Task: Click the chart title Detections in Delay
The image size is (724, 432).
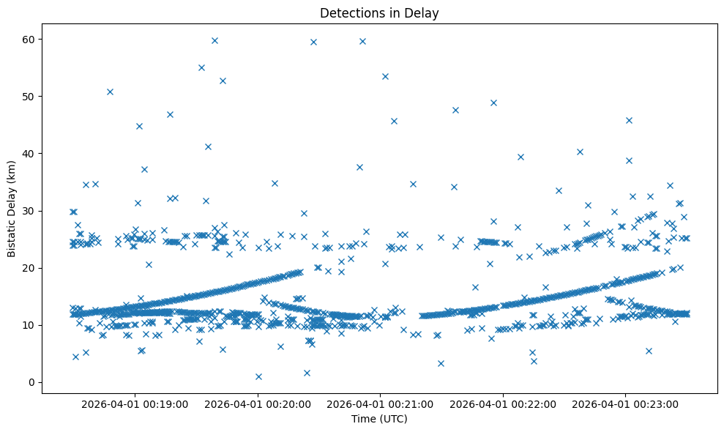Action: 379,12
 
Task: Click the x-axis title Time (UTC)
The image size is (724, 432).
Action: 379,420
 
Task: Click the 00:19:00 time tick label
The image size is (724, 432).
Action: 135,403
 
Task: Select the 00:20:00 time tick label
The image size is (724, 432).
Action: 258,403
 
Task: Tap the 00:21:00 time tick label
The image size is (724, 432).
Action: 381,403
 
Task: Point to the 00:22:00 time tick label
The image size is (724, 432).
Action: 504,403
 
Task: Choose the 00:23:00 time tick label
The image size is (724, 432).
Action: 626,403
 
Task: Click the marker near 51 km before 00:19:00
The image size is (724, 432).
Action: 110,92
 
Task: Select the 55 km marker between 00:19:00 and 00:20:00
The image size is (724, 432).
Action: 201,67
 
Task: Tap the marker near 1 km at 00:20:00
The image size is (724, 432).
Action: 258,376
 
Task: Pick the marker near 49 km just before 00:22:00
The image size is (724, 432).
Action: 493,103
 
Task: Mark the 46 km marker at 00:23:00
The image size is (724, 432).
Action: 629,120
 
